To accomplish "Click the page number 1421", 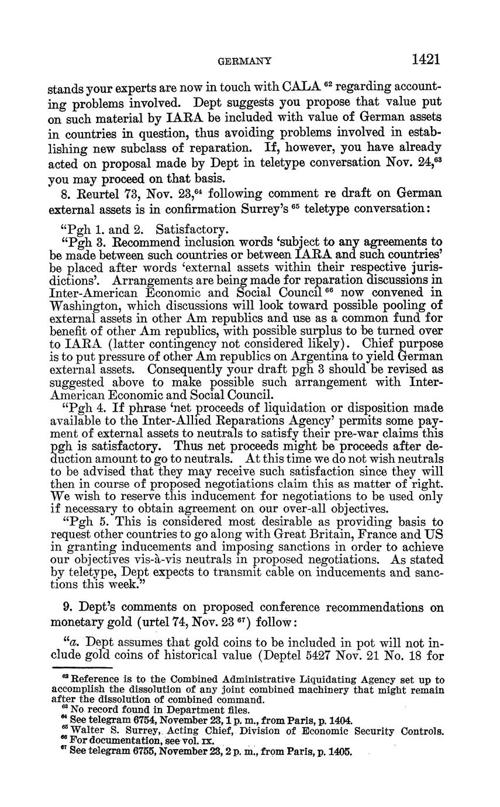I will tap(425, 59).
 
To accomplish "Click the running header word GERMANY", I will tap(244, 61).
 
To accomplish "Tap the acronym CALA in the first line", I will tap(301, 87).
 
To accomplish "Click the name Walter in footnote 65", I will tap(85, 731).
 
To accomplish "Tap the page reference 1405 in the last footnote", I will tap(340, 751).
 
